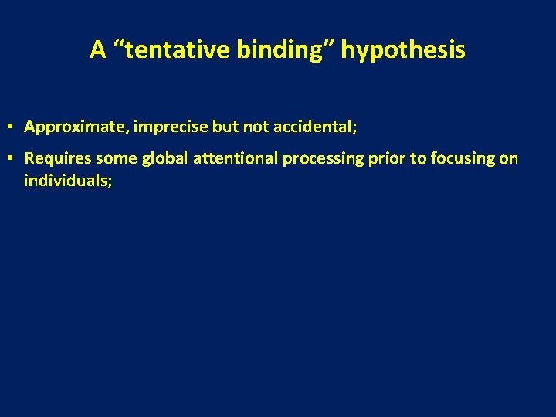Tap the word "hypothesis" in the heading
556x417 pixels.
click(403, 50)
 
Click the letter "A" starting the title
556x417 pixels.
click(97, 50)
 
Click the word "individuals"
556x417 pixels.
click(67, 181)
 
